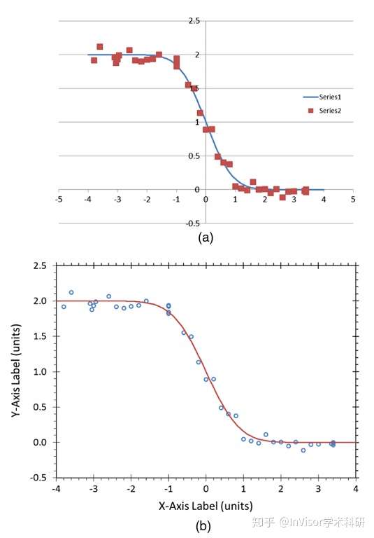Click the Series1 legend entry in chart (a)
pyautogui.click(x=322, y=97)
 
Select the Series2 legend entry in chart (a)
pyautogui.click(x=324, y=111)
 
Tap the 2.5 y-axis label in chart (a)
pyautogui.click(x=194, y=21)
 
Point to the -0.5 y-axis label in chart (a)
pyautogui.click(x=193, y=223)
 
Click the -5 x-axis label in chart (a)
pyautogui.click(x=59, y=200)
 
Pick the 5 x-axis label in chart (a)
pyautogui.click(x=353, y=200)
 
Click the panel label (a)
pyautogui.click(x=206, y=237)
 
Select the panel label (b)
pyautogui.click(x=203, y=526)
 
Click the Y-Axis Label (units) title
pyautogui.click(x=16, y=371)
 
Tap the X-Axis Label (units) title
pyautogui.click(x=206, y=506)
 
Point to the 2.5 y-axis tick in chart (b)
pyautogui.click(x=40, y=266)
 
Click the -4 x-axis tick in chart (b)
pyautogui.click(x=56, y=488)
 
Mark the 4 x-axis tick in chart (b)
pyautogui.click(x=356, y=488)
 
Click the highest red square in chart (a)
pyautogui.click(x=100, y=47)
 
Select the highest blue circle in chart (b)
pyautogui.click(x=71, y=292)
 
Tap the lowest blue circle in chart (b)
pyautogui.click(x=303, y=450)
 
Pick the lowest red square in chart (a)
pyautogui.click(x=282, y=198)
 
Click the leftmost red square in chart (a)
pyautogui.click(x=94, y=60)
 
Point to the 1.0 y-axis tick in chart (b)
pyautogui.click(x=40, y=371)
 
